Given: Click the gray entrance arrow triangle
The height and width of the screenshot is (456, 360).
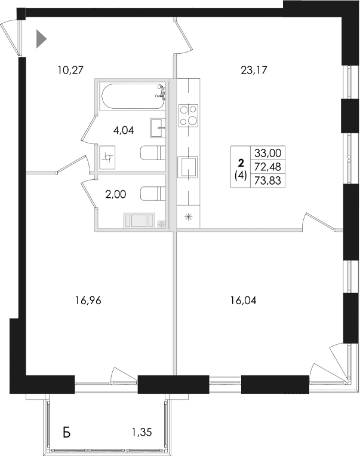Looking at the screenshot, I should click(41, 39).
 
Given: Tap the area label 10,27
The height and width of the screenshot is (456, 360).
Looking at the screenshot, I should click(69, 70).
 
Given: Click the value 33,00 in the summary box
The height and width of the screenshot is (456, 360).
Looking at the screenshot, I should click(266, 152).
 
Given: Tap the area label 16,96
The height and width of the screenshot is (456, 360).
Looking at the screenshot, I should click(88, 301).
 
